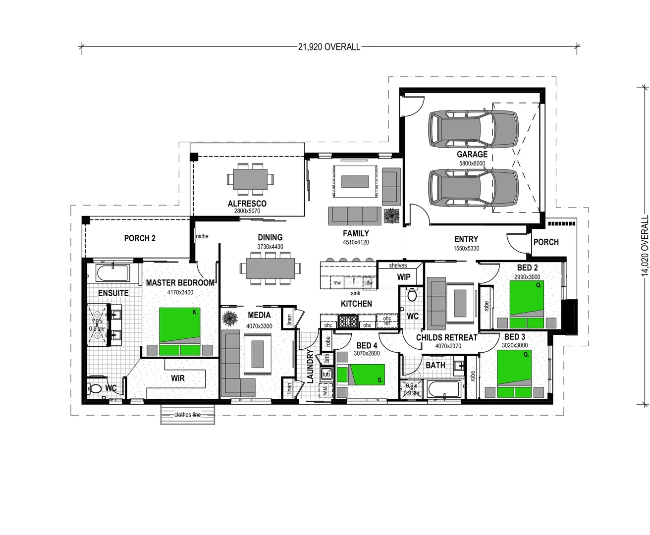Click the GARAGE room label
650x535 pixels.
(x=472, y=154)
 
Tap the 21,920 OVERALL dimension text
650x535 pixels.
(x=329, y=47)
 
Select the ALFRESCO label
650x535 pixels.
(x=247, y=203)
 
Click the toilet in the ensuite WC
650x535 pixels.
(x=96, y=388)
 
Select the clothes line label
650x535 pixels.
(x=188, y=415)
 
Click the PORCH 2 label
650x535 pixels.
(x=140, y=238)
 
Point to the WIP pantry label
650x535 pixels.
(x=404, y=277)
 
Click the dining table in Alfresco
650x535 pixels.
(x=250, y=179)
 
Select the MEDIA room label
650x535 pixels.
(x=259, y=315)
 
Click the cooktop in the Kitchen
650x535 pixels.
(x=348, y=321)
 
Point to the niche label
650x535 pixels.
(x=202, y=236)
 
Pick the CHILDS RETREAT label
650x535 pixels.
(x=446, y=337)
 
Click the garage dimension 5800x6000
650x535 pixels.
(x=472, y=163)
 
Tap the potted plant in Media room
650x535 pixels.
(x=229, y=317)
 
